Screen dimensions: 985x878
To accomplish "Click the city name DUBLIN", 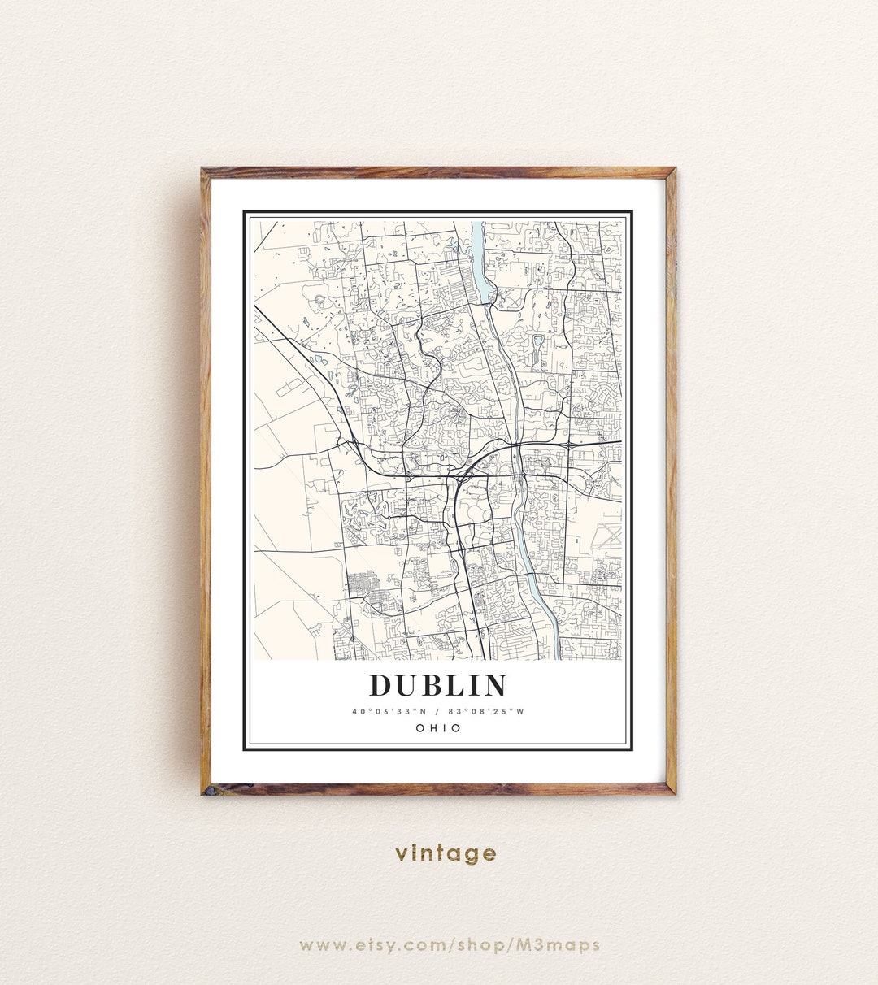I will pos(438,685).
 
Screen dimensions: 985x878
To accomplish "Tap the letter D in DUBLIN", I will pos(380,685).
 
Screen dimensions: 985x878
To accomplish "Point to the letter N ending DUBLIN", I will pos(494,685).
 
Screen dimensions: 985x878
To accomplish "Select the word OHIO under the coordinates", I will pos(438,728).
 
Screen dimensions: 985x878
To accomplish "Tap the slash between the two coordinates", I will pos(438,712).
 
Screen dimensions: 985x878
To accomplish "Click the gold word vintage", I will pos(446,853).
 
